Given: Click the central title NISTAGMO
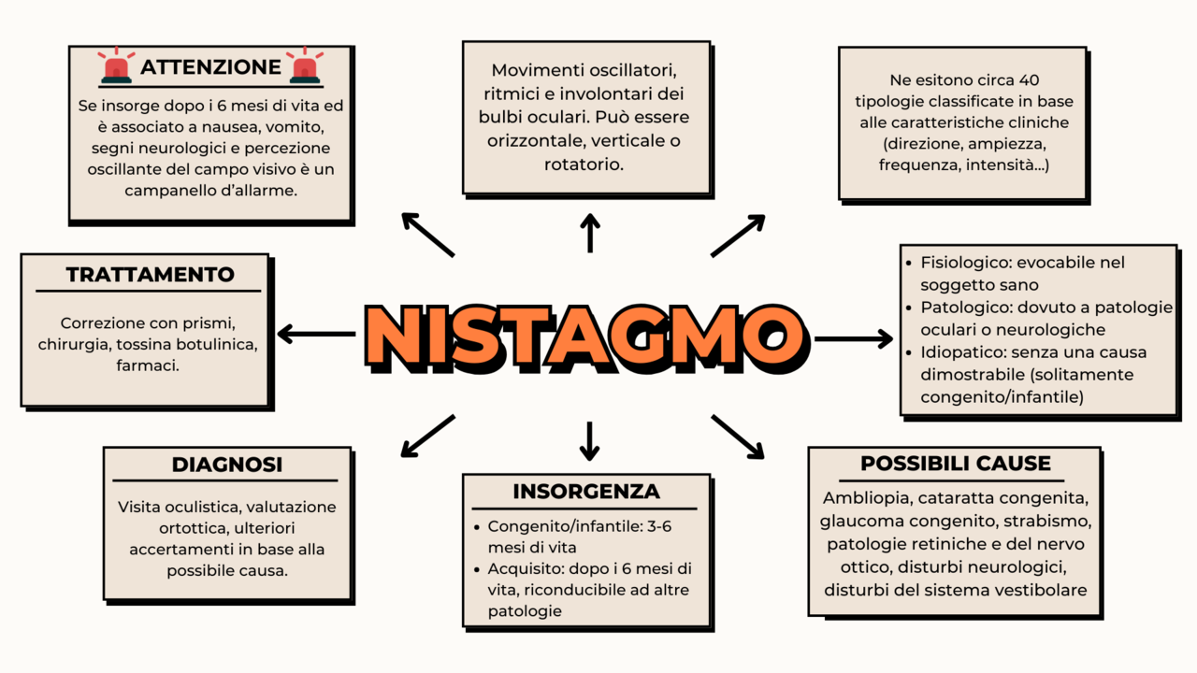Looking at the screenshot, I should [584, 336].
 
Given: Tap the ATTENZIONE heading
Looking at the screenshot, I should [210, 67].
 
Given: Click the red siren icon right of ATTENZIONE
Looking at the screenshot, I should [305, 66].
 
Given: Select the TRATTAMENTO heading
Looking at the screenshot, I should [150, 275].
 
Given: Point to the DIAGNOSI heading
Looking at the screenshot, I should [227, 465].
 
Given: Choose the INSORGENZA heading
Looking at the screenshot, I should [586, 492].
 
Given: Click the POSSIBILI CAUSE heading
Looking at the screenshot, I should [955, 464].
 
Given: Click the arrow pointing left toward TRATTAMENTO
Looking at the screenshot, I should [316, 334].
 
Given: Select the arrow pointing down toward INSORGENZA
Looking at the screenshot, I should [589, 440].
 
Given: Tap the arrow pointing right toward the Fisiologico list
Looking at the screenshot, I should [854, 338].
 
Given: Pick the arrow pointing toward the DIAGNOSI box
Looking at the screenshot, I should [426, 437].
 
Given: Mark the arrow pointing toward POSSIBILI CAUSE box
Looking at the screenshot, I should [738, 437].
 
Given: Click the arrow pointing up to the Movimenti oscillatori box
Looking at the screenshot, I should [590, 233].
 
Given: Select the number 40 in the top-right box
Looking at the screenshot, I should [1028, 81].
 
